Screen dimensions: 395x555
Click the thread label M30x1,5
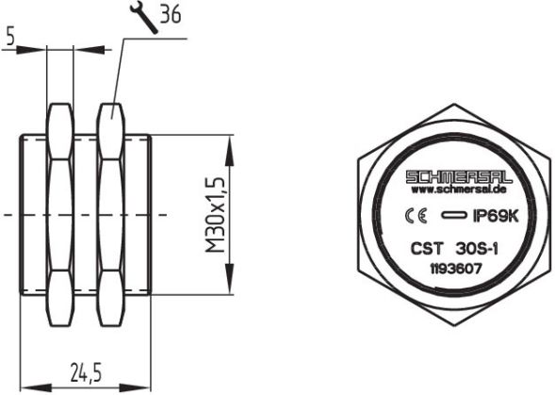tap(215, 214)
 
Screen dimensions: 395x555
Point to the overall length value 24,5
tap(85, 372)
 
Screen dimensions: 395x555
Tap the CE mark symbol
tap(412, 216)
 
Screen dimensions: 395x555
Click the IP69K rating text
tap(496, 216)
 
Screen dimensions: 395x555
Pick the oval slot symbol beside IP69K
tap(453, 216)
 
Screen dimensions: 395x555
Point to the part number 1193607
tap(455, 267)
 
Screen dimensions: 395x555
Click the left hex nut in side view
tap(59, 214)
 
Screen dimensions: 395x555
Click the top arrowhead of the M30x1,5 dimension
tap(226, 140)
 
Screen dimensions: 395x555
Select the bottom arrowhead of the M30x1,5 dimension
tap(226, 288)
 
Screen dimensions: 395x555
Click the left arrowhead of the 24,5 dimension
tap(27, 386)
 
